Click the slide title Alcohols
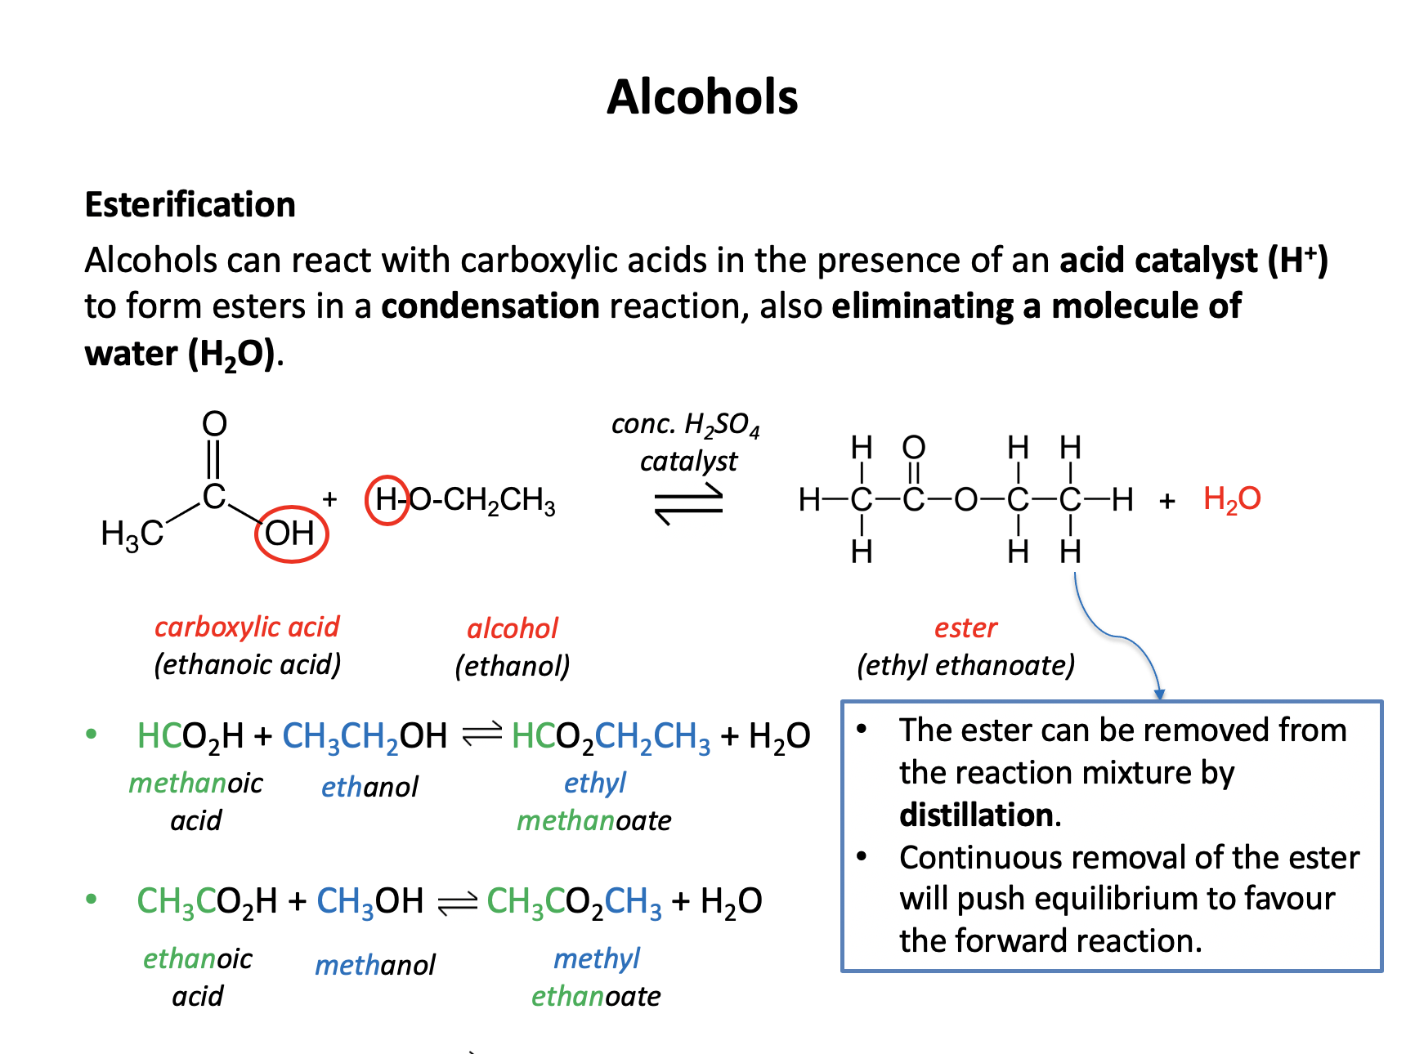pos(702,97)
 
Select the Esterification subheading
pos(190,204)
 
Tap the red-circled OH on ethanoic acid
pos(291,534)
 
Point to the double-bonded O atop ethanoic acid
pos(214,423)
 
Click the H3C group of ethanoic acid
pos(132,534)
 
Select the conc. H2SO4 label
pos(685,425)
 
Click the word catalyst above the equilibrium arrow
pos(688,462)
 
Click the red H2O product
pos(1232,499)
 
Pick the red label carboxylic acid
pos(247,627)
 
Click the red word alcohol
pos(513,628)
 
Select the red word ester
pos(965,627)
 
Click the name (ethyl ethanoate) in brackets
pos(965,665)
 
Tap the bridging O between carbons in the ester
pos(965,499)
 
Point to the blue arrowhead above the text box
pos(1158,694)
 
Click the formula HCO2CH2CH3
pos(611,737)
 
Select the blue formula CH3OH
pos(369,901)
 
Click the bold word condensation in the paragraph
pos(490,306)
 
